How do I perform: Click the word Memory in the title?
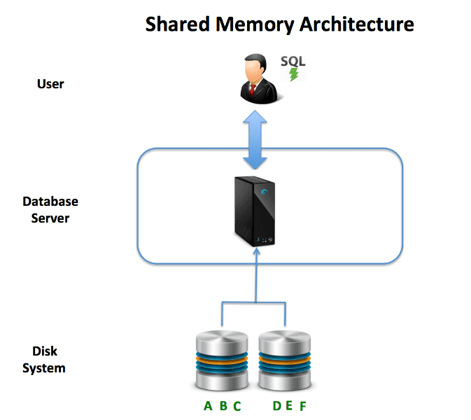click(x=256, y=24)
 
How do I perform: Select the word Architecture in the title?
click(x=356, y=24)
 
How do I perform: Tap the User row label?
click(x=50, y=84)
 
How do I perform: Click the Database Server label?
click(x=50, y=209)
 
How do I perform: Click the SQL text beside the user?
click(x=293, y=61)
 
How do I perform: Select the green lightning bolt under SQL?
click(x=294, y=73)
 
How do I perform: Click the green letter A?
click(x=207, y=406)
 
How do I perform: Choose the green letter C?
click(x=237, y=406)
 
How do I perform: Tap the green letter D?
click(x=276, y=406)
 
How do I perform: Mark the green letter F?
click(x=302, y=406)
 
